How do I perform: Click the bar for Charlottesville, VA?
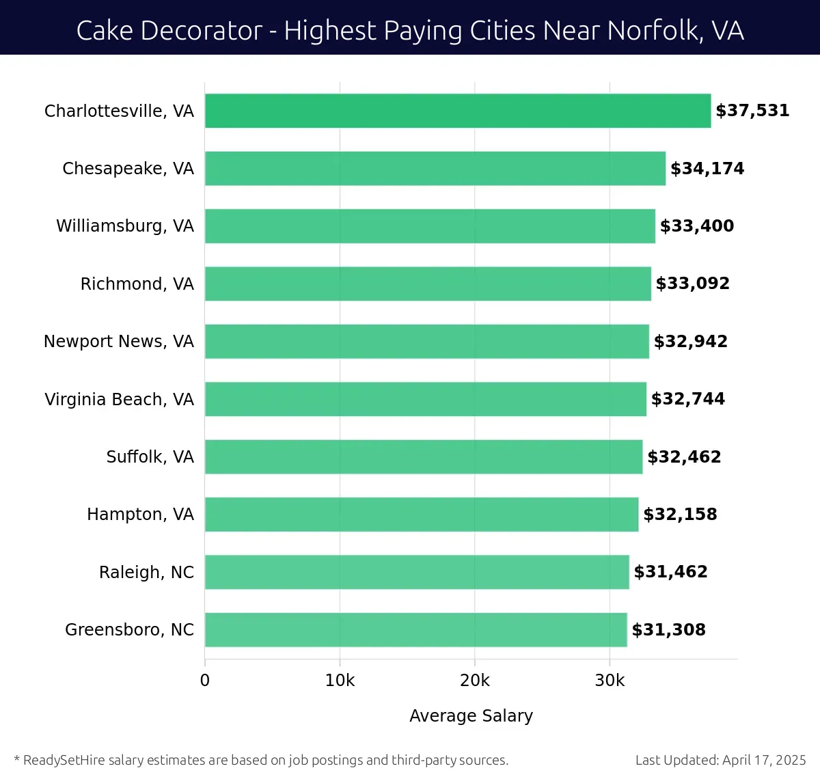pos(458,111)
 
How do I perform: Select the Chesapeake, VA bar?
pos(435,169)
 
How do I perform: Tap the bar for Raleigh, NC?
pos(417,572)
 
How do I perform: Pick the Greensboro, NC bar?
pos(415,630)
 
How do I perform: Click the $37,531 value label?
pos(752,111)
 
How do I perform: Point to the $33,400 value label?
pos(697,226)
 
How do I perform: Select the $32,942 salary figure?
pos(691,342)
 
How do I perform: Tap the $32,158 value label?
pos(680,515)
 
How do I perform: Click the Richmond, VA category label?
pos(137,284)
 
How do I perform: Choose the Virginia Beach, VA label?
pos(119,400)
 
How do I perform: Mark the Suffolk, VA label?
pos(150,457)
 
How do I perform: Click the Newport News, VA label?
pos(118,342)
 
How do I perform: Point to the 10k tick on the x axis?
pos(340,681)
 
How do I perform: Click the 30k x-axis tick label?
pos(610,681)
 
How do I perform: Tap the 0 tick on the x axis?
pos(205,681)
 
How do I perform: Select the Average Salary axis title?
pos(471,715)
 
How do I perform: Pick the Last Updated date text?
pos(720,760)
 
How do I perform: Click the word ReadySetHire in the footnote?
pos(64,760)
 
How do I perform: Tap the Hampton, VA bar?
pos(422,515)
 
